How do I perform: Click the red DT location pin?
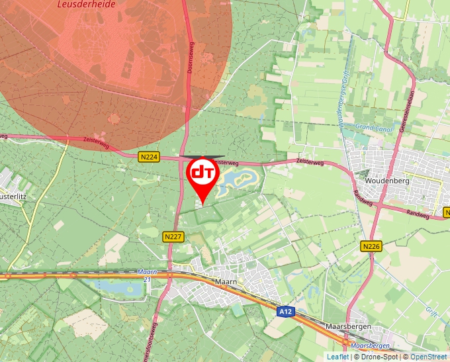(202, 174)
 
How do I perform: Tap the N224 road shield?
(149, 157)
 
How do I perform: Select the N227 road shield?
(173, 236)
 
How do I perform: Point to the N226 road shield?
(371, 246)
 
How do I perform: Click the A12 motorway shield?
(285, 311)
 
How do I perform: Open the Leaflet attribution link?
(337, 357)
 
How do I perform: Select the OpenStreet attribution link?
(429, 357)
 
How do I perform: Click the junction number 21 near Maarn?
(146, 279)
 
